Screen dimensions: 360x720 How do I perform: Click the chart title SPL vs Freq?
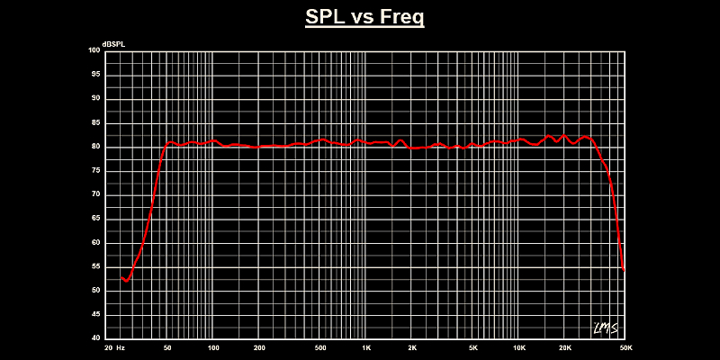[364, 18]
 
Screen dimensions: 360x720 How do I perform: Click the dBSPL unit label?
[115, 44]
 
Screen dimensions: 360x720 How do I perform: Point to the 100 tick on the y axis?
[94, 50]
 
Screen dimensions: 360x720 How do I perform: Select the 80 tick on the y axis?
[96, 147]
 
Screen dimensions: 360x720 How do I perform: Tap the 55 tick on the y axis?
[96, 266]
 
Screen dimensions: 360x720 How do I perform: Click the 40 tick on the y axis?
[96, 338]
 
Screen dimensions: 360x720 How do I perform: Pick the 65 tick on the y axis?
[96, 219]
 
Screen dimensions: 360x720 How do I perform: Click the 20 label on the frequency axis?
[109, 347]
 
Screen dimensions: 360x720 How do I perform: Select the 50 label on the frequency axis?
[167, 347]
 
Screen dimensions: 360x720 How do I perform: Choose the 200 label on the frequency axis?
[259, 347]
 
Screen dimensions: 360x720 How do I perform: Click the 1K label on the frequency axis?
[366, 347]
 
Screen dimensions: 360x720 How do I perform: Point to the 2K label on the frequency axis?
[412, 347]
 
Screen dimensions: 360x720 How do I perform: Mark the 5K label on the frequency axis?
[473, 347]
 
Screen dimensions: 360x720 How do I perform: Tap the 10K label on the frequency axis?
[519, 347]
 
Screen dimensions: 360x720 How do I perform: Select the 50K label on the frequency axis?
[625, 347]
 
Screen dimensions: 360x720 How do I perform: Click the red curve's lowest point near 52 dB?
[127, 282]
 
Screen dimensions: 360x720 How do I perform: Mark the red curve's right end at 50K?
[624, 269]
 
